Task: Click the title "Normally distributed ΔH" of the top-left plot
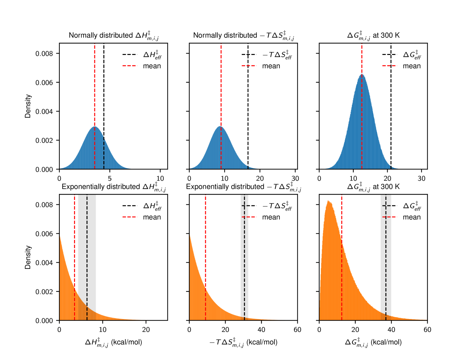point(113,36)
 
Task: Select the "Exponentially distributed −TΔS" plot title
point(243,187)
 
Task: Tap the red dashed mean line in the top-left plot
point(95,95)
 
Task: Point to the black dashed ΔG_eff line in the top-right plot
point(391,111)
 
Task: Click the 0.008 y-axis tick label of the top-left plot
point(44,54)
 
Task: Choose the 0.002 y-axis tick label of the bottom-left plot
point(44,292)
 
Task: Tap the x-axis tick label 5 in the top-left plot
point(110,178)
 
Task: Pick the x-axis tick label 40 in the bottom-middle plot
point(261,330)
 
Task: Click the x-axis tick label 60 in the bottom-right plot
point(427,330)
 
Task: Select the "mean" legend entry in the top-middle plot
point(271,66)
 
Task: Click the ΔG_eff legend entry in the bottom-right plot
point(412,206)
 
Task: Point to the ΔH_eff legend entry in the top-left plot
point(152,55)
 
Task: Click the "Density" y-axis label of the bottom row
point(28,257)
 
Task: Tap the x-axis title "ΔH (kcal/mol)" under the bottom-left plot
point(113,343)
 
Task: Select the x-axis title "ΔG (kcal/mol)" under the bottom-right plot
point(373,343)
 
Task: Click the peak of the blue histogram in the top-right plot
point(362,75)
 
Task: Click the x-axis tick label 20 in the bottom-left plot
point(146,330)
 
